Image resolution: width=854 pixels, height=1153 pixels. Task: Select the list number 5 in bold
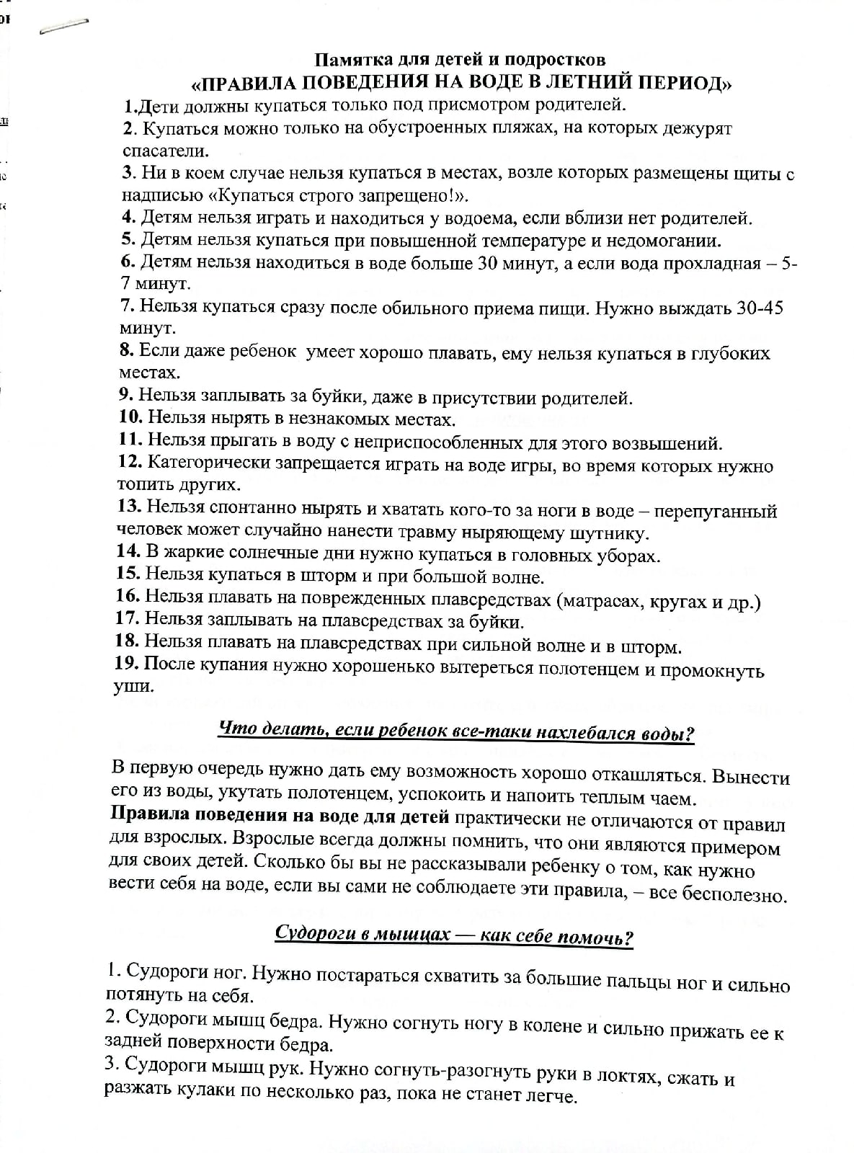(x=128, y=239)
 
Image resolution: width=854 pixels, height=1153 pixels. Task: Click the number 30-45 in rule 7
(x=760, y=307)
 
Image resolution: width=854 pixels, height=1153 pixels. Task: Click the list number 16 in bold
(x=128, y=596)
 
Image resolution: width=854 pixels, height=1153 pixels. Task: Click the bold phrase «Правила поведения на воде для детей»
(x=280, y=817)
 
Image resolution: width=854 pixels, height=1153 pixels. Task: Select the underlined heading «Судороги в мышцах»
(x=454, y=935)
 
